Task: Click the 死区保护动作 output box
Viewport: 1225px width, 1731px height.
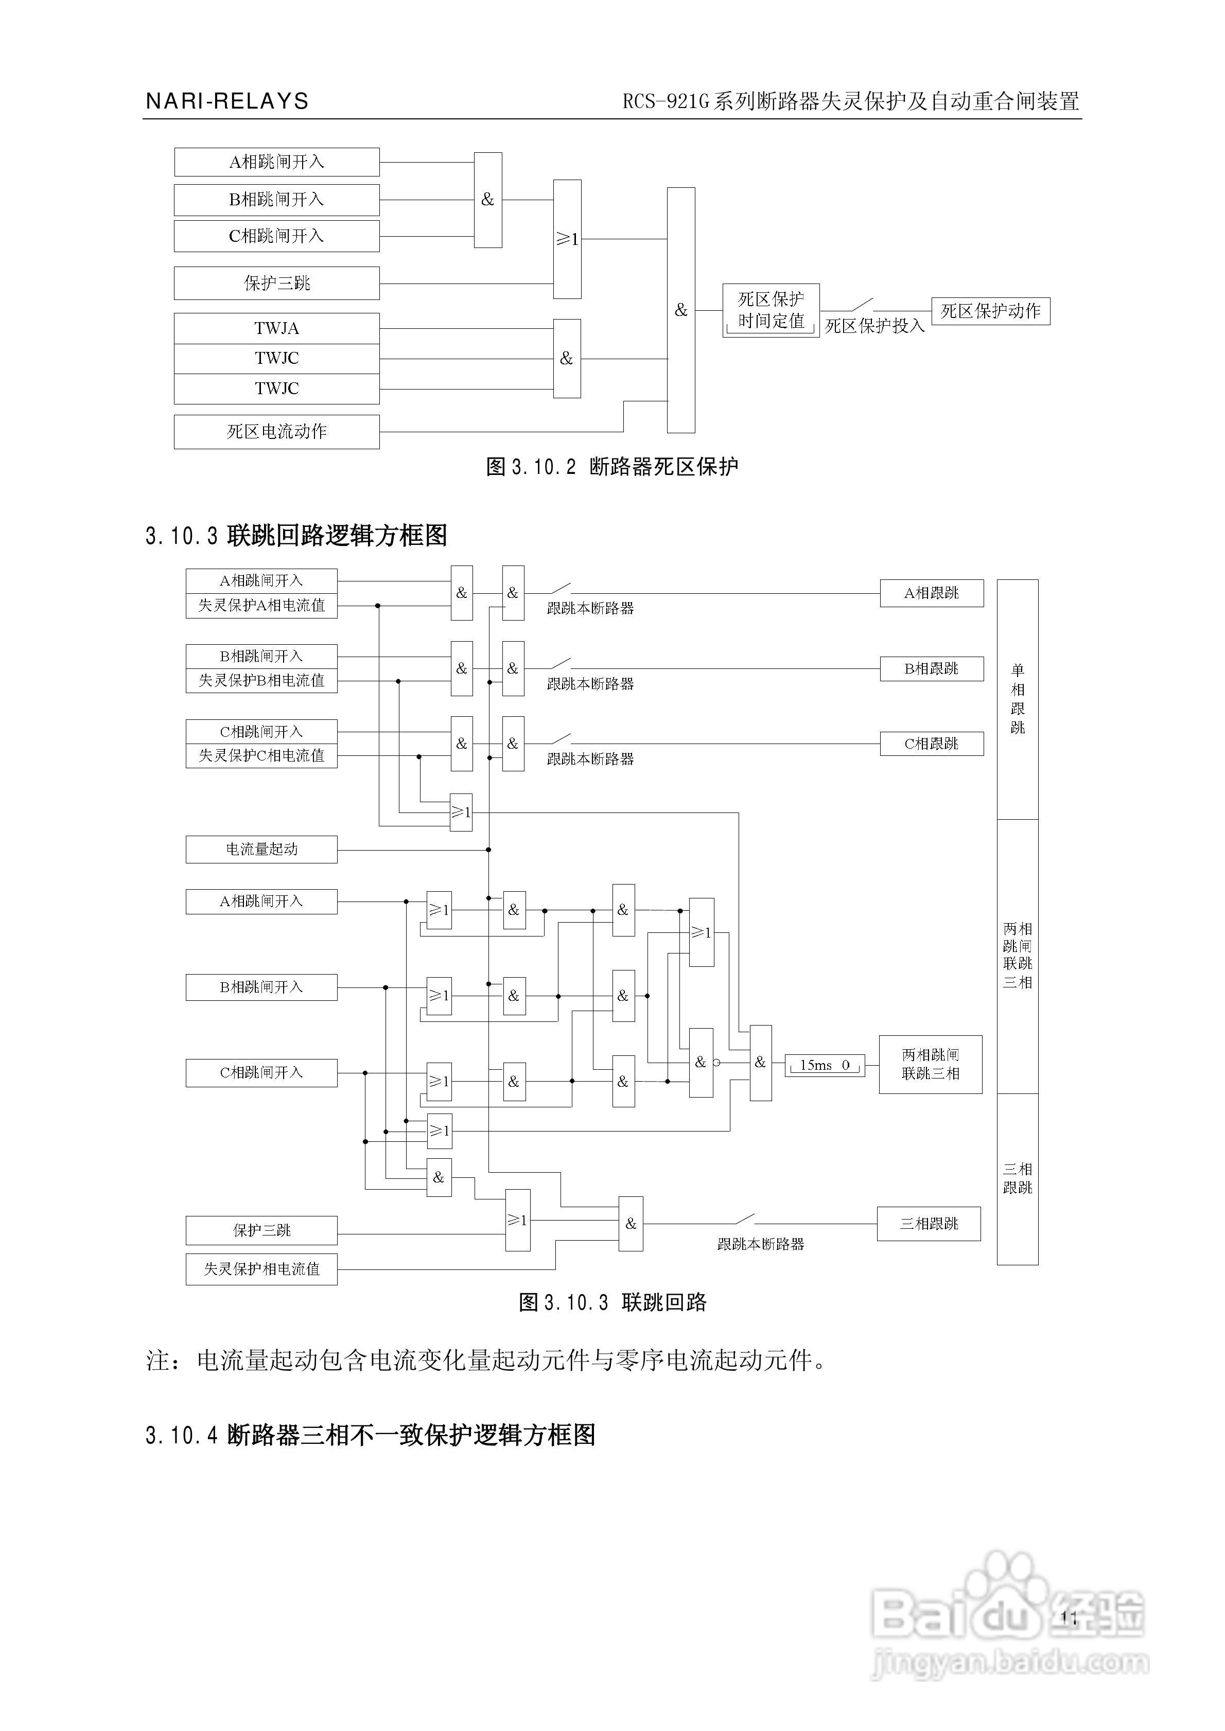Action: pyautogui.click(x=990, y=311)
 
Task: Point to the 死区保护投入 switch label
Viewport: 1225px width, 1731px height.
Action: pyautogui.click(x=874, y=326)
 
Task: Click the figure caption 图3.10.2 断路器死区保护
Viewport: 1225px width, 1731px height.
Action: pyautogui.click(x=612, y=467)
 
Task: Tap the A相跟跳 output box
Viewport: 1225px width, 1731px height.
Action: pyautogui.click(x=932, y=593)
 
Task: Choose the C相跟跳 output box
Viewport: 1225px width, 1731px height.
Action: pyautogui.click(x=932, y=744)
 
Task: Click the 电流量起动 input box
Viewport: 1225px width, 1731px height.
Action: pyautogui.click(x=262, y=850)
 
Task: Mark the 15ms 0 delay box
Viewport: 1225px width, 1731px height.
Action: pyautogui.click(x=825, y=1065)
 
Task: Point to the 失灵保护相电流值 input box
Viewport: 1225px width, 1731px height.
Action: pyautogui.click(x=262, y=1269)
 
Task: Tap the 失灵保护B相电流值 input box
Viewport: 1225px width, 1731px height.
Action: pyautogui.click(x=262, y=681)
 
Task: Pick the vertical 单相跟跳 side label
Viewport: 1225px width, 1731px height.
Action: pyautogui.click(x=1018, y=699)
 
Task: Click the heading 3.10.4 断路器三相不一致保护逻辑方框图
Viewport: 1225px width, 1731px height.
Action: pyautogui.click(x=371, y=1435)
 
